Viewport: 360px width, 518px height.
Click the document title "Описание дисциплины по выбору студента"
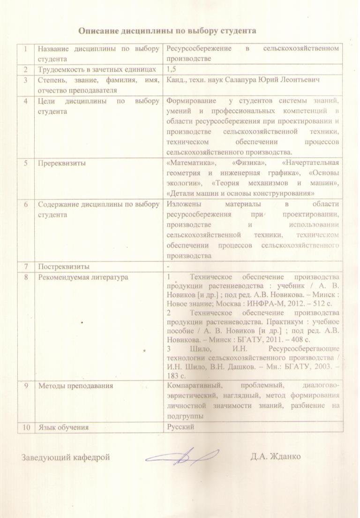point(167,31)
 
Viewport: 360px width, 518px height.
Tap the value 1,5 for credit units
point(171,69)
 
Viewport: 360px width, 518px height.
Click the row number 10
point(27,427)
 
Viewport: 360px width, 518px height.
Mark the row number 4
point(27,100)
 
